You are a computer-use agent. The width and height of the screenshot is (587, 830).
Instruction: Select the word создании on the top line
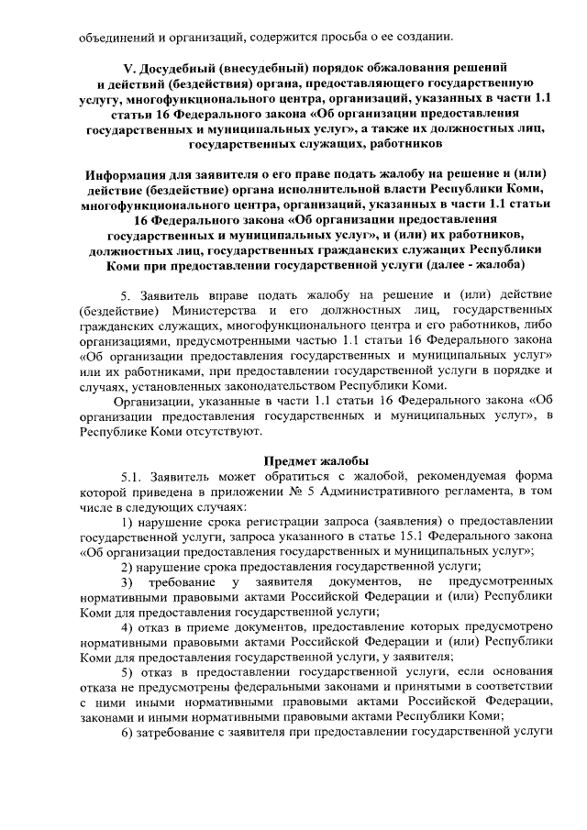424,37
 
